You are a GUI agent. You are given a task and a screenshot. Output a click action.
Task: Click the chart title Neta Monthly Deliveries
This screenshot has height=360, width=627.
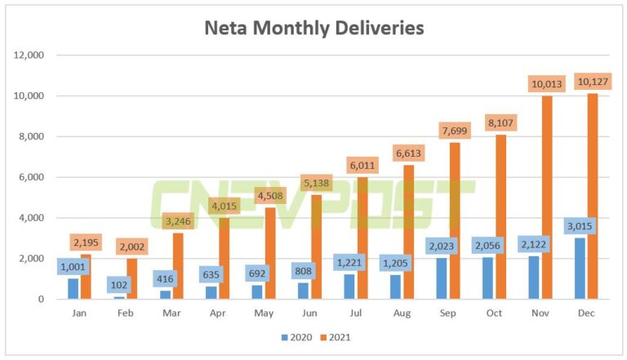[313, 29]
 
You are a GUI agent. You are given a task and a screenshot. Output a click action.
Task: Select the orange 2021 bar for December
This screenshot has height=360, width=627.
[592, 204]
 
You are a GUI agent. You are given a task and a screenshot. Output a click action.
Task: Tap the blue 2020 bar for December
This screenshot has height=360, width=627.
[579, 269]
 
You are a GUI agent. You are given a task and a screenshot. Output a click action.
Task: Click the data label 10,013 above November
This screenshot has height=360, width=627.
[545, 84]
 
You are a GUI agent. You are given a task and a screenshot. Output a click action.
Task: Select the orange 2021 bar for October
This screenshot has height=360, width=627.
[500, 220]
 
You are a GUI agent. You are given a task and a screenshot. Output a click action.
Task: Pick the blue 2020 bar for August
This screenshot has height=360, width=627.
[395, 287]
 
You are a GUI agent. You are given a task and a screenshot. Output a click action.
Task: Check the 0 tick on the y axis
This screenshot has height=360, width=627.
[40, 300]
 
